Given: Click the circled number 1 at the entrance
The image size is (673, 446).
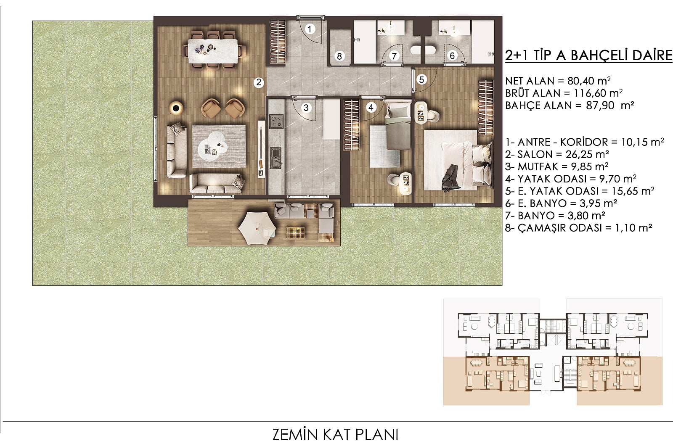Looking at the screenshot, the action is pos(310,29).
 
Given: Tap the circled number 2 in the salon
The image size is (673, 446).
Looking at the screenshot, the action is pos(259,82).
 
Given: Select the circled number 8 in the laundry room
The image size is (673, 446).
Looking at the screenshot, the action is pos(339,56).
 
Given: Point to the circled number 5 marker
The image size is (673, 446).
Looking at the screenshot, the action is pos(421,79).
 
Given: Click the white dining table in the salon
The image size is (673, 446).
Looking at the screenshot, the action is pos(213,51).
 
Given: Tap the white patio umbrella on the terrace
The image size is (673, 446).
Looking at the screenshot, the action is pos(257,228).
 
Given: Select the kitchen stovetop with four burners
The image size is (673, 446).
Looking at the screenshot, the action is pos(276,121).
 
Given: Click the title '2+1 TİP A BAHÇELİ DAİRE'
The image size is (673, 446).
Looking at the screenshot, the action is pos(588,55).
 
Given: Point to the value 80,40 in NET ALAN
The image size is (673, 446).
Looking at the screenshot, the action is pos(580,81).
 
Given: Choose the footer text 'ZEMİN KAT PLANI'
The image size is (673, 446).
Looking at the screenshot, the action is pos(335,435).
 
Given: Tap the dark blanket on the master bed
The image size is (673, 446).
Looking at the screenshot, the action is pos(450,178).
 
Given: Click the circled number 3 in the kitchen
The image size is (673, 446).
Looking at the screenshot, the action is pos(306,108).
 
